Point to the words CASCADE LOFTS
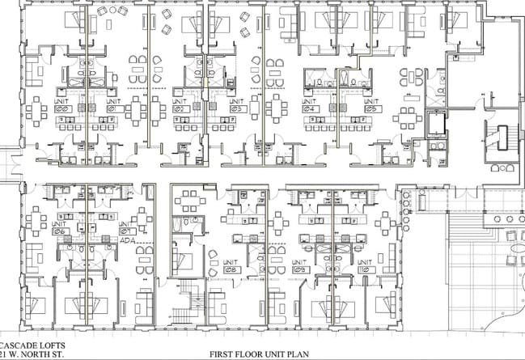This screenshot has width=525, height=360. [x=29, y=343]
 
